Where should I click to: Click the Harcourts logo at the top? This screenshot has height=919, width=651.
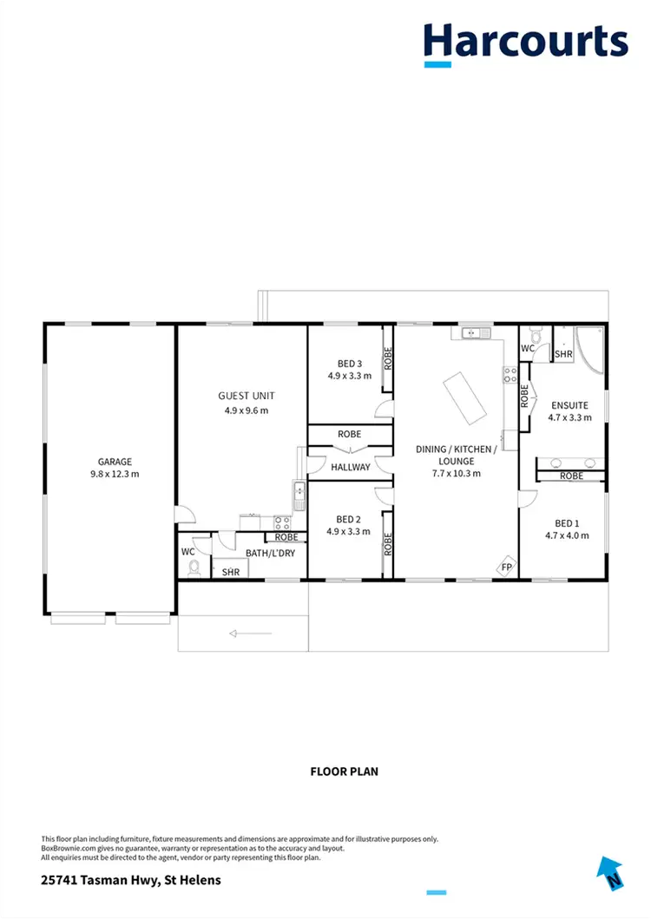[x=525, y=42]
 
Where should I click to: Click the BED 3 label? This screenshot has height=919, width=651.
[x=349, y=364]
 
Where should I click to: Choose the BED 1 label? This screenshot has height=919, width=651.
[x=566, y=523]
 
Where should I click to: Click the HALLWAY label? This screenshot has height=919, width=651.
[x=351, y=467]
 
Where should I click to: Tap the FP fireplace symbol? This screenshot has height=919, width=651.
[x=506, y=568]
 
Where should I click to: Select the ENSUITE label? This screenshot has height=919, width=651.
[x=569, y=405]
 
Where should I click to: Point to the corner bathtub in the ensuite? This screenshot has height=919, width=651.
[x=592, y=349]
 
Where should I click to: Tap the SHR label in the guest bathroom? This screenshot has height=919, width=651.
[x=231, y=572]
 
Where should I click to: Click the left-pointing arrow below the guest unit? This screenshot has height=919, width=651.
[x=250, y=634]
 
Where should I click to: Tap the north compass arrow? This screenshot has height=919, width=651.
[x=611, y=872]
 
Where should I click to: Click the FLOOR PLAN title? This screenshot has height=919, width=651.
[x=344, y=771]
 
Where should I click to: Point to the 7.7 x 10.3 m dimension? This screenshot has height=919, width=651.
[x=456, y=474]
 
